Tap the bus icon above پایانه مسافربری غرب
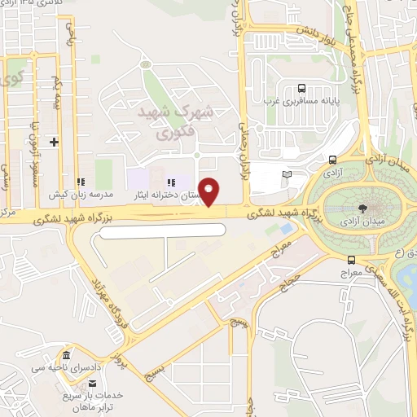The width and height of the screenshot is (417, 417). [302, 89]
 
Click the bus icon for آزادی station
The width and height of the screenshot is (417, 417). [332, 160]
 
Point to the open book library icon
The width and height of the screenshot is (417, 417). [285, 174]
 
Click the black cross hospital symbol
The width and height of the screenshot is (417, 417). [54, 142]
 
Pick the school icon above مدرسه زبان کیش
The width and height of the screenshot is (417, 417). [80, 182]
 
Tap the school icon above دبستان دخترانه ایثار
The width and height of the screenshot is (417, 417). [170, 182]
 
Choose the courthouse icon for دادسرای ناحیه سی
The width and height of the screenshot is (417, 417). [66, 357]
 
